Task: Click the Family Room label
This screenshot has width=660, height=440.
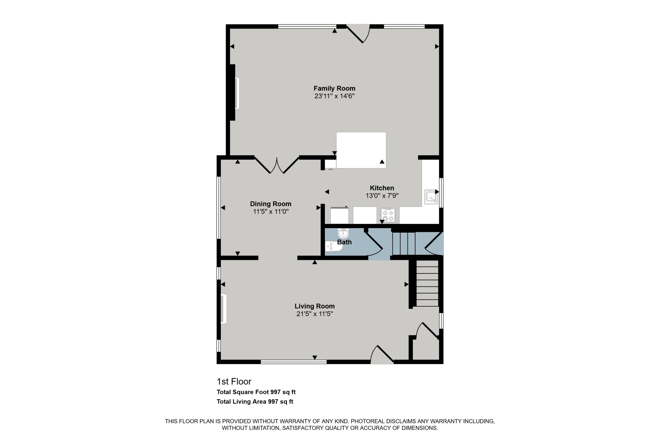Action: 334,88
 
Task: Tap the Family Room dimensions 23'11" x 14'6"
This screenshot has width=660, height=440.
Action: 334,96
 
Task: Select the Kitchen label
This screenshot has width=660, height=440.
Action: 382,188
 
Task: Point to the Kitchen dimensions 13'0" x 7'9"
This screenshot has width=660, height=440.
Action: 382,196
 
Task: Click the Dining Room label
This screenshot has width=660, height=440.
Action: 271,204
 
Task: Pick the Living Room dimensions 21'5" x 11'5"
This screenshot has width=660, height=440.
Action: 315,314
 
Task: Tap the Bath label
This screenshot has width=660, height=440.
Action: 344,242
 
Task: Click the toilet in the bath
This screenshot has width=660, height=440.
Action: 334,246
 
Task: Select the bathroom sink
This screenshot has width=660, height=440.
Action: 343,233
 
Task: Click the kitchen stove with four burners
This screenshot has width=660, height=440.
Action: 388,215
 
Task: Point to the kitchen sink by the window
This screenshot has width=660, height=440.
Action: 431,197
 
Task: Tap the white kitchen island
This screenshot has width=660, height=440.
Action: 361,150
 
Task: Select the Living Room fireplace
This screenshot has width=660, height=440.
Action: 224,309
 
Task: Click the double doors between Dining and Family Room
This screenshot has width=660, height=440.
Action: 277,166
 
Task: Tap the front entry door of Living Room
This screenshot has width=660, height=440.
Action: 382,354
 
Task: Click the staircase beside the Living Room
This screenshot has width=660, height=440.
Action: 427,283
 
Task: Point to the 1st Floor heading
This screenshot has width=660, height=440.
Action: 234,382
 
